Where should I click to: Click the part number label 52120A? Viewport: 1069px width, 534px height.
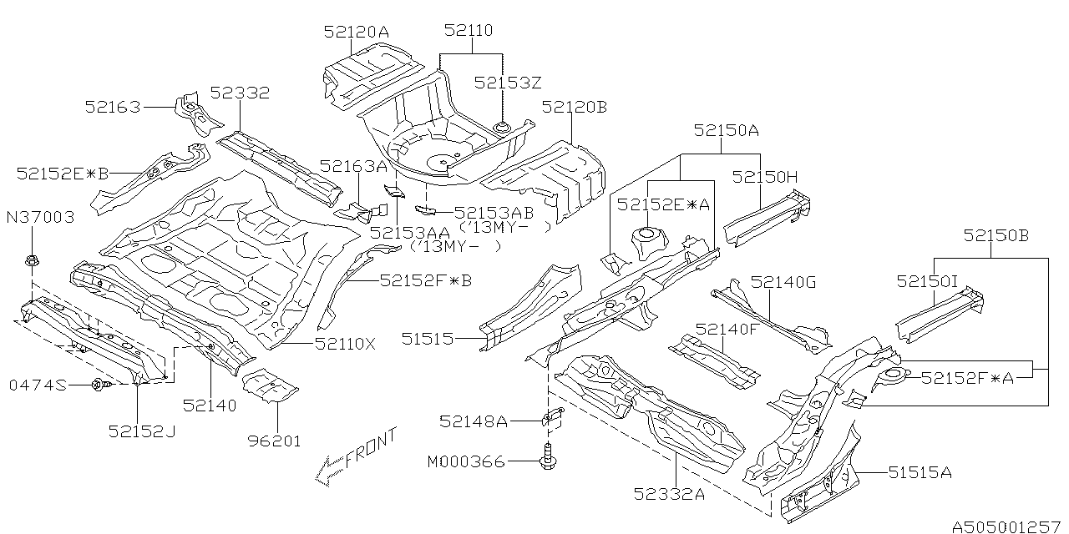tap(357, 32)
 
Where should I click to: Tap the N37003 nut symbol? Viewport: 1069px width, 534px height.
tap(32, 261)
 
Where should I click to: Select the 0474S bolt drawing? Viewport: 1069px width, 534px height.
tap(102, 384)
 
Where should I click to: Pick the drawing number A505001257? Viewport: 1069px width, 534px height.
tap(1006, 526)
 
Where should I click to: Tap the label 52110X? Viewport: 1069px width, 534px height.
tap(345, 344)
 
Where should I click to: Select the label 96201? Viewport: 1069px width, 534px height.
tap(275, 441)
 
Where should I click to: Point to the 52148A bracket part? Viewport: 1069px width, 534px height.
tap(553, 416)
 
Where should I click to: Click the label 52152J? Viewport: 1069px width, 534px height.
tap(142, 431)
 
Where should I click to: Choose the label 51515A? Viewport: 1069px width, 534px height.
tap(920, 472)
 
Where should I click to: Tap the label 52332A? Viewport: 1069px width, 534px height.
tap(669, 494)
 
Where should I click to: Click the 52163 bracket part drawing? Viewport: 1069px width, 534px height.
tap(197, 113)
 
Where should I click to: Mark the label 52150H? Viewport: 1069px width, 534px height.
tap(764, 178)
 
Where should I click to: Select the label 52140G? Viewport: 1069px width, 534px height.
tap(783, 282)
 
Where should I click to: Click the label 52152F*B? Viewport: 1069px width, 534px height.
tap(426, 280)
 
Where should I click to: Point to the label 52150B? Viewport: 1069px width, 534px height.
tap(996, 235)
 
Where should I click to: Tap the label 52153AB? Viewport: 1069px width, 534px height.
tap(494, 213)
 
